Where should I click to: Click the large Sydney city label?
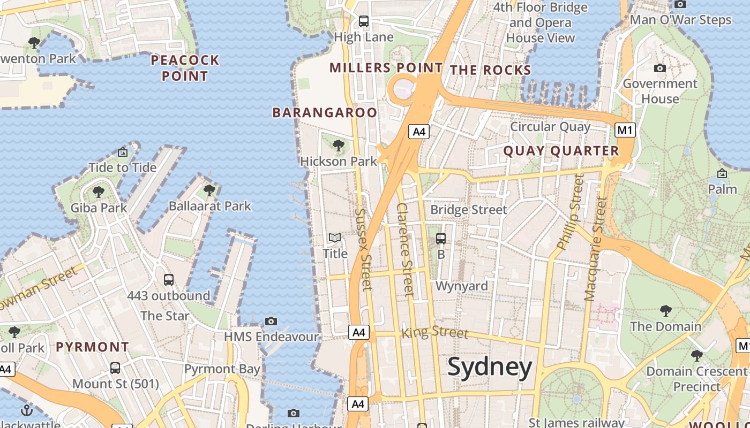tap(490, 368)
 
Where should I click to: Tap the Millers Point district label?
tap(386, 68)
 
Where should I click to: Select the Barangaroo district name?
tap(325, 112)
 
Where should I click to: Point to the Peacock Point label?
tap(185, 68)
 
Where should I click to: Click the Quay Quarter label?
tap(561, 151)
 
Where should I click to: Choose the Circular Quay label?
tap(550, 127)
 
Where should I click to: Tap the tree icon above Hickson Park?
tap(338, 145)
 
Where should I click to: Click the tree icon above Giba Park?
tap(98, 192)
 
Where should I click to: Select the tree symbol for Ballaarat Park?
tap(209, 190)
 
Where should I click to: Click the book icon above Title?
tap(335, 238)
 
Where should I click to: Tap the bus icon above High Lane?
tap(364, 21)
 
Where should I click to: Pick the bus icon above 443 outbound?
tap(169, 279)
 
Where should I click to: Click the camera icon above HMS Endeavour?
tap(271, 321)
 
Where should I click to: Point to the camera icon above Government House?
tap(660, 68)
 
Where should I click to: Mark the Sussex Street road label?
tap(363, 249)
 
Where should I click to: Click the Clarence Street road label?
tap(406, 249)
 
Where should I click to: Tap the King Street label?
tap(434, 332)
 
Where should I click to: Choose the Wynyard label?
tap(462, 286)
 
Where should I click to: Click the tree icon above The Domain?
tap(666, 310)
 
